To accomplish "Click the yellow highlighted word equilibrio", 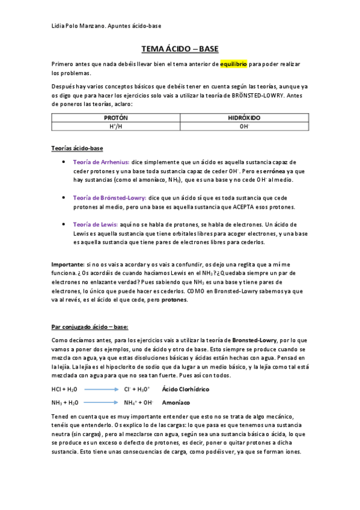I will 234,64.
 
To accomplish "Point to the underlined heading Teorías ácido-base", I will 78,147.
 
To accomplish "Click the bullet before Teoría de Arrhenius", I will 64,162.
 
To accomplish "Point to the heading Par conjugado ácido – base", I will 90,327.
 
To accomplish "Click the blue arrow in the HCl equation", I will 100,390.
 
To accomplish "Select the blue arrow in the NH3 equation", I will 100,402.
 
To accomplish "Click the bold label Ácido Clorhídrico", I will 186,390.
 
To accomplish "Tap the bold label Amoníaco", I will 175,402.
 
